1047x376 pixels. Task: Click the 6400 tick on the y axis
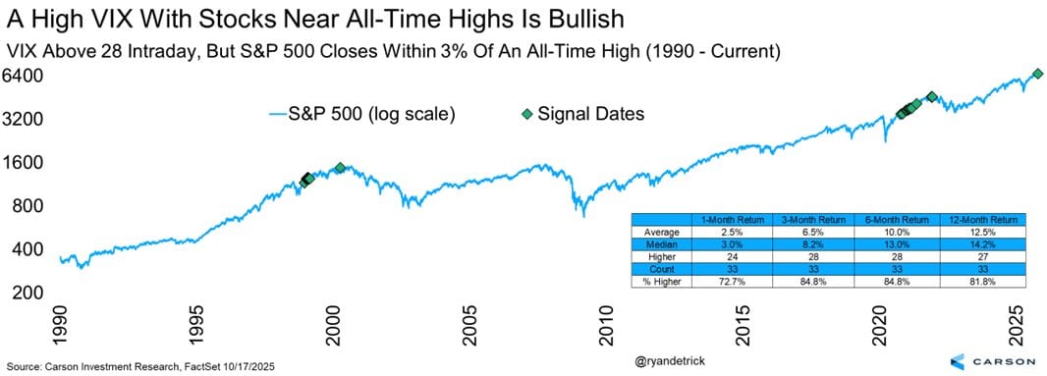coord(25,76)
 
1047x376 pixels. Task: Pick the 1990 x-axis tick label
coord(61,328)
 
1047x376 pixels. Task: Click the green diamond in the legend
coord(526,114)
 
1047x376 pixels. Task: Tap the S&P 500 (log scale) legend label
coord(371,114)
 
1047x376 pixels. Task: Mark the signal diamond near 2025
coord(1037,74)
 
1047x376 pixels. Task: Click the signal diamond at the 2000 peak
coord(340,168)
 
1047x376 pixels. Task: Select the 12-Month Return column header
coord(979,220)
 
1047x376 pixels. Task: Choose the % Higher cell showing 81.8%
coord(979,282)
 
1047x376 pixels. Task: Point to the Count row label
coord(662,269)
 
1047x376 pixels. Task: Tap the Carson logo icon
coord(957,361)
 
